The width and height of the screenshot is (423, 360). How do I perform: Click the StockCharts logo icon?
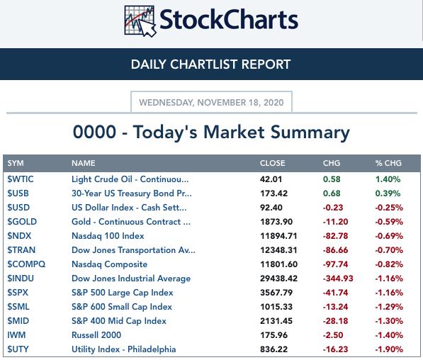tap(140, 21)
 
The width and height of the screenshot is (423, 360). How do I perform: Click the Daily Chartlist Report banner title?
tap(210, 64)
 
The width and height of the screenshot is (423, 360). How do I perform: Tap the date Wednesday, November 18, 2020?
tap(211, 103)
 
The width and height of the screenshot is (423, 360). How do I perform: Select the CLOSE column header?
tap(273, 163)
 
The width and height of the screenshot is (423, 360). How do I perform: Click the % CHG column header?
tap(388, 163)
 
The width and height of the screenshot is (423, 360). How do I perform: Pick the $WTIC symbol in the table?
tap(21, 179)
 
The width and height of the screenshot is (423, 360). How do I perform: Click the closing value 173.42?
tap(273, 193)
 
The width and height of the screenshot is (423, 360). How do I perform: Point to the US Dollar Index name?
tap(129, 208)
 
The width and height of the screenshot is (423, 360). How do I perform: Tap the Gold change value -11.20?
tap(335, 222)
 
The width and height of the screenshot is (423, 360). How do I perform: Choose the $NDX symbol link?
tap(19, 236)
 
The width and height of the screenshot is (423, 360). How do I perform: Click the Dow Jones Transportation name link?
tap(133, 250)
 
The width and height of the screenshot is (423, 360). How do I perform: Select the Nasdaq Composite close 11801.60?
tap(278, 264)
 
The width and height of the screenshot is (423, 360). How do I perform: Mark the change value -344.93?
tap(338, 279)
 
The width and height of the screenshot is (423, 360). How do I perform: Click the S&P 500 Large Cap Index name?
tap(122, 293)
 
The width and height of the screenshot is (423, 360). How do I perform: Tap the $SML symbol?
tap(18, 307)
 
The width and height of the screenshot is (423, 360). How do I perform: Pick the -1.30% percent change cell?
tap(389, 321)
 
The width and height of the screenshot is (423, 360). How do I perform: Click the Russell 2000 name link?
tap(96, 335)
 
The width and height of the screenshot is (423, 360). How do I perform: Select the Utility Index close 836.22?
tap(273, 349)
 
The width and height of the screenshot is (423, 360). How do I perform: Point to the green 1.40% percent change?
tap(388, 179)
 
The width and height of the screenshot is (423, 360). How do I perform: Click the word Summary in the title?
tap(310, 133)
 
